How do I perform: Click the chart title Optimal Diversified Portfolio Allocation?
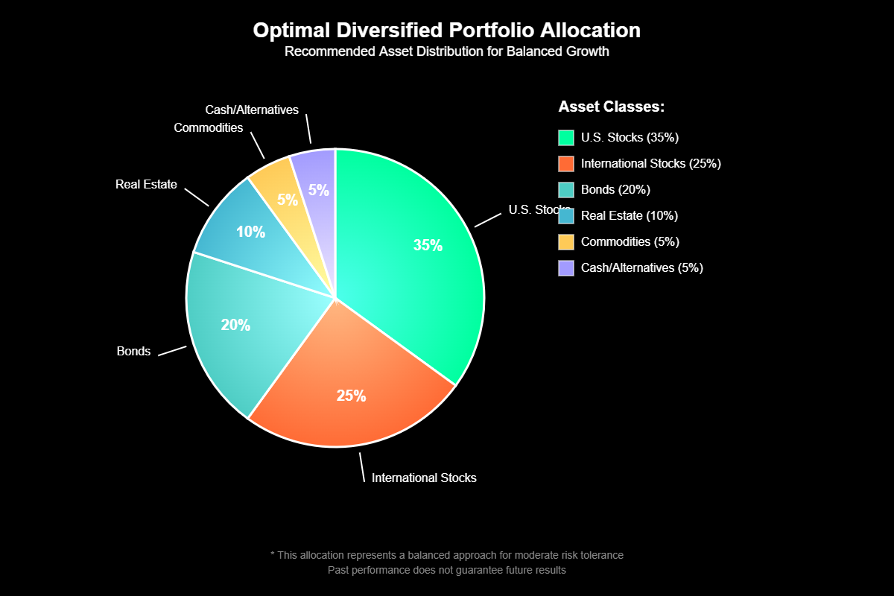coord(446,31)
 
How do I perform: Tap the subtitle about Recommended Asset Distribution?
coord(446,52)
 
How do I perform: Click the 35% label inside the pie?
coord(428,246)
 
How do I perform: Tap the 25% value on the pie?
coord(351,396)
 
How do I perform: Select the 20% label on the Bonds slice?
coord(235,326)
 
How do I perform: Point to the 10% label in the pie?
coord(250,232)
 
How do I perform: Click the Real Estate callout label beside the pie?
coord(146,185)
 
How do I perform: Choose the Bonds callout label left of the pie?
coord(133,352)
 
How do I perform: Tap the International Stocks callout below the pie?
coord(424,478)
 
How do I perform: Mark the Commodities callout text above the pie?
coord(209,128)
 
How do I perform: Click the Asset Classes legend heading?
coord(611,107)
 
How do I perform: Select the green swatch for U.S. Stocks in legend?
coord(566,138)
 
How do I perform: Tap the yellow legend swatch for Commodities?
coord(566,242)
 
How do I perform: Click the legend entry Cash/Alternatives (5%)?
coord(641,268)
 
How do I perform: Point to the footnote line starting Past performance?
coord(447,571)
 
